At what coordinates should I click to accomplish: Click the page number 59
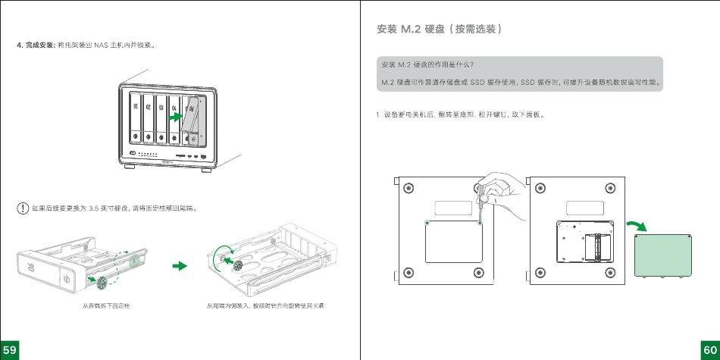coord(9,349)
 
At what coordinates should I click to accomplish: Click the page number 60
coord(710,349)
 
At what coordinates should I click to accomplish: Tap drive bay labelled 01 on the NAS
coord(136,117)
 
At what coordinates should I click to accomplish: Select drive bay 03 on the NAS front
coord(162,117)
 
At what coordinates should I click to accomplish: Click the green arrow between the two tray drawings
coord(180,266)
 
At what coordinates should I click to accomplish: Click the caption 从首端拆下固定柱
coord(106,306)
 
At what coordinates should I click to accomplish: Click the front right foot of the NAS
coord(206,169)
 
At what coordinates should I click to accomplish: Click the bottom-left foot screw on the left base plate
coord(409,271)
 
